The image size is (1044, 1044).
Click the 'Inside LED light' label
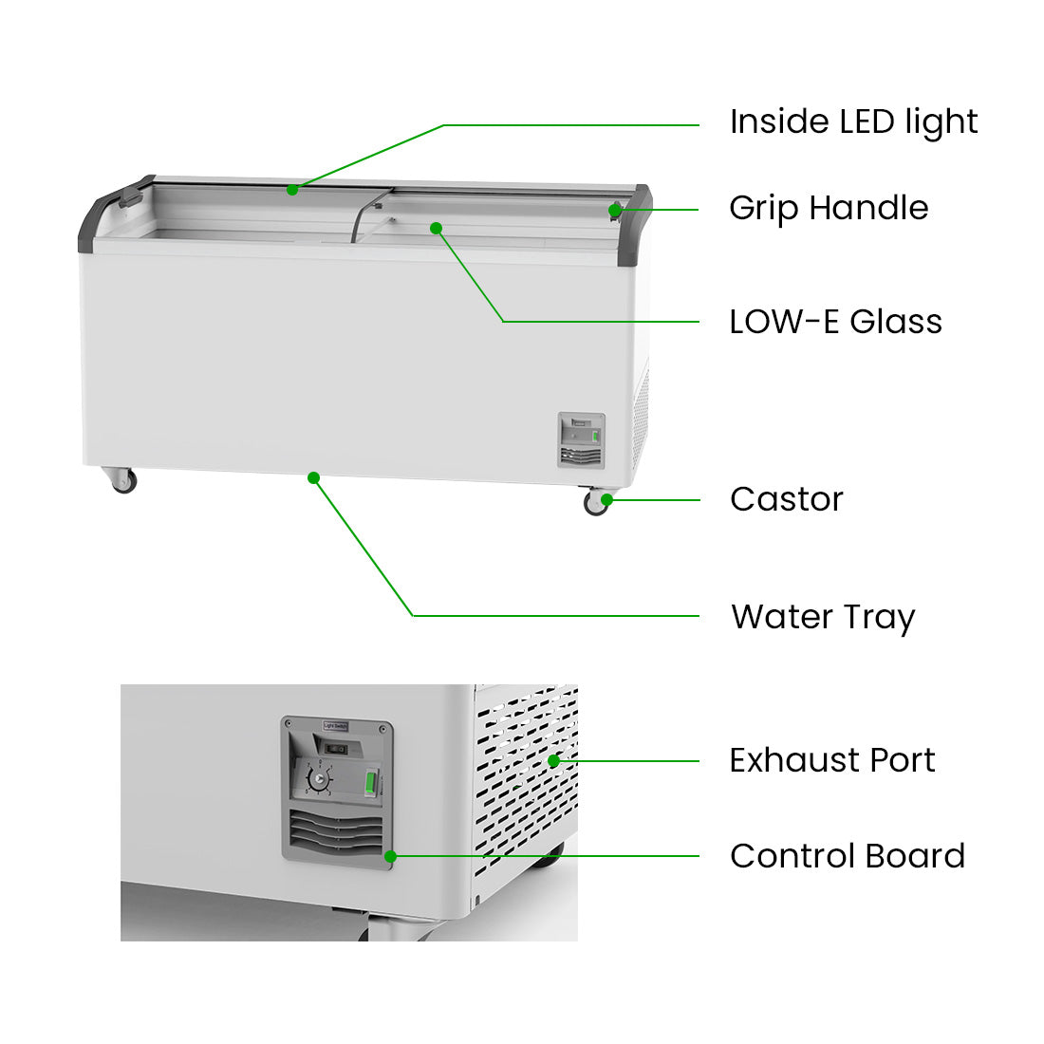853,122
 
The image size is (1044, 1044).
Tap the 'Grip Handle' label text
829,208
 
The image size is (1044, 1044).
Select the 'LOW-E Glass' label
835,322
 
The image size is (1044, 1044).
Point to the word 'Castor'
786,499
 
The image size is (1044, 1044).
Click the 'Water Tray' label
822,617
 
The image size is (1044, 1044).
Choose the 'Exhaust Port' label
831,760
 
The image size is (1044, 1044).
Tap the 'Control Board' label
847,856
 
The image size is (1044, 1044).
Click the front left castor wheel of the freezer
122,481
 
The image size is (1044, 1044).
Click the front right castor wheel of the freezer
596,504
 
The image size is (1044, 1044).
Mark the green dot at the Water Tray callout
313,477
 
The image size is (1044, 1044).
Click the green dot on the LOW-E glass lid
436,228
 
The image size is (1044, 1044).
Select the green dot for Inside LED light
292,190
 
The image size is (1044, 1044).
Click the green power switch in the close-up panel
371,784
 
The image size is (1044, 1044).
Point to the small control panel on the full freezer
581,440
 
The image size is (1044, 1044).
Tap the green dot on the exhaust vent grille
554,760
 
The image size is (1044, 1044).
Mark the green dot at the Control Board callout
390,856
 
